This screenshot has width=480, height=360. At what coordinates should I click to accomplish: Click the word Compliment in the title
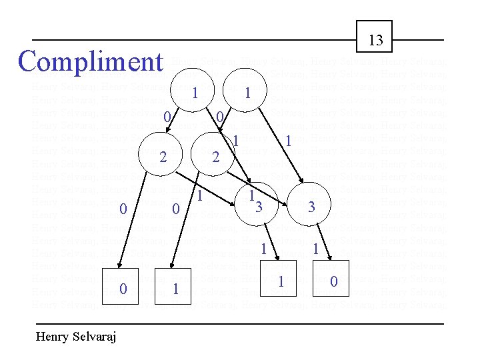(x=91, y=61)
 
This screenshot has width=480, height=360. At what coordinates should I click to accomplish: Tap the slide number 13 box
(x=375, y=39)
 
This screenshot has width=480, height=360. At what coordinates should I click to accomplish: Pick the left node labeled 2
(x=163, y=157)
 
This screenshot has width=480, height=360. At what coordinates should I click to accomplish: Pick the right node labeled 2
(x=214, y=157)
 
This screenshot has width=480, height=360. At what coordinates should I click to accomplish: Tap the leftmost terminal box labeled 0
(x=122, y=289)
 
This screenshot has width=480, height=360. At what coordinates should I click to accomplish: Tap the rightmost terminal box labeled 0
(x=335, y=283)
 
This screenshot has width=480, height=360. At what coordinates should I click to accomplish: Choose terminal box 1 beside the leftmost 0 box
(x=174, y=289)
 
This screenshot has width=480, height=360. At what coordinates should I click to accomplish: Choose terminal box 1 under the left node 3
(x=281, y=283)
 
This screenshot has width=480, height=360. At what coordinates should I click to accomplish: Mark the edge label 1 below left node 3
(x=264, y=250)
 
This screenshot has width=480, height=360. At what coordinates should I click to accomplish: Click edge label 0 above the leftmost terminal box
(x=123, y=209)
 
